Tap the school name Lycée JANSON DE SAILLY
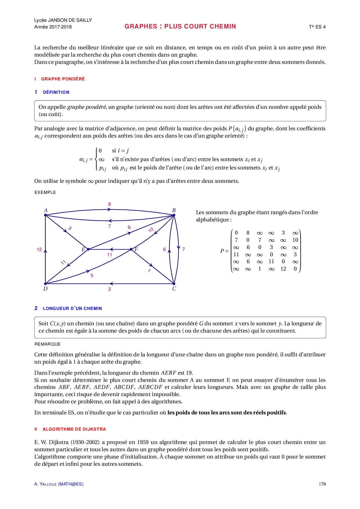pos(63,20)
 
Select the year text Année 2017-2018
pos(53,27)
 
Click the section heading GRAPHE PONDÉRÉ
pos(63,79)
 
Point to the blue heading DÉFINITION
pos(56,92)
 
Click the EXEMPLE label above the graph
pos(45,192)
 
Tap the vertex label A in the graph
pos(46,210)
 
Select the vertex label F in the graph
pos(136,249)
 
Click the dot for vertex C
pos(174,284)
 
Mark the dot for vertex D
pos(46,284)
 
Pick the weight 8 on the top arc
pos(109,204)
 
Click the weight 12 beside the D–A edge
pos(39,249)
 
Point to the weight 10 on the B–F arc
pos(151,230)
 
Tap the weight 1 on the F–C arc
pos(149,270)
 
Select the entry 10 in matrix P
pos(295,240)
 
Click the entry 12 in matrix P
pos(283,269)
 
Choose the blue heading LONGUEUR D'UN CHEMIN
pos(72,308)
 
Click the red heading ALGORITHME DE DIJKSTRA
pos(74,429)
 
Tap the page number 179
pos(322,484)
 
